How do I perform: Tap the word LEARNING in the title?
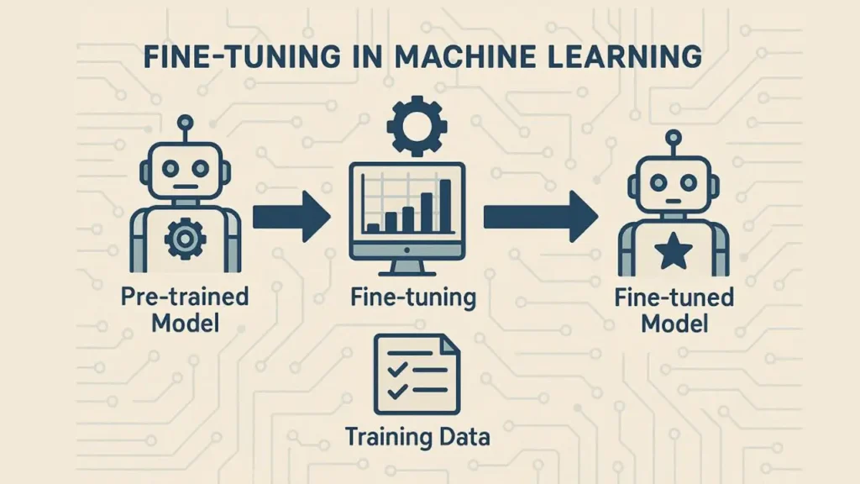pos(625,56)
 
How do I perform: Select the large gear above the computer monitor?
pos(417,126)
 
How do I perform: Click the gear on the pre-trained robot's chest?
pos(186,238)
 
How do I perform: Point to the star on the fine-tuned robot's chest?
pos(674,250)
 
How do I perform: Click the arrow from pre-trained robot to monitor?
pos(291,217)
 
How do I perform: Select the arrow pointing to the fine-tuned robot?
pos(541,217)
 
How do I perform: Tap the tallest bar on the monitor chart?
pos(445,207)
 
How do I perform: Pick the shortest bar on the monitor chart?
pos(374,229)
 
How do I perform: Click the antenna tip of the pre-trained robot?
pos(186,122)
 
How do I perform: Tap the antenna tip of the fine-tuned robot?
pos(673,137)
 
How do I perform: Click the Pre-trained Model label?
pos(185,309)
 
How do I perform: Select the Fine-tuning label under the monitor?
pos(413,297)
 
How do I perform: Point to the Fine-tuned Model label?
pos(674,310)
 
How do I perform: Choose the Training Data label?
pos(417,437)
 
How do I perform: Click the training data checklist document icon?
pos(417,375)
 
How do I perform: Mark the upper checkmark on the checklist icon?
pos(396,369)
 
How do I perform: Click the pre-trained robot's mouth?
pos(186,187)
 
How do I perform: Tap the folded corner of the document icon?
pos(451,344)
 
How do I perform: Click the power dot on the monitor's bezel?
pos(407,250)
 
